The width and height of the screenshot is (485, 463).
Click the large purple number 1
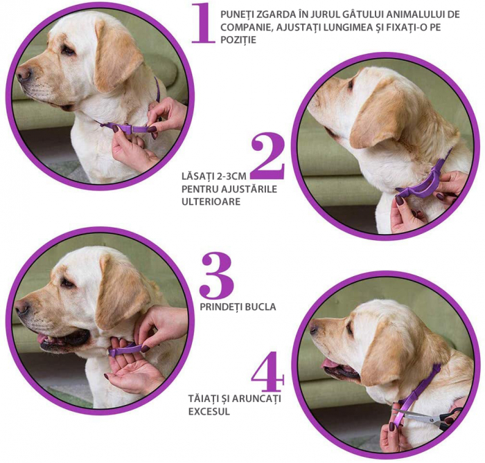tap(203, 23)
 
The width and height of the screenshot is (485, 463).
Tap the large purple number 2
tap(268, 156)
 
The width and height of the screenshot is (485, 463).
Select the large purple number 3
tap(216, 275)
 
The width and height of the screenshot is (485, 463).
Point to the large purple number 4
tap(268, 371)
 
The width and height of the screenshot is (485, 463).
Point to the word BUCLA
tap(260, 307)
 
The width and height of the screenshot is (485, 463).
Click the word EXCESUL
tap(209, 411)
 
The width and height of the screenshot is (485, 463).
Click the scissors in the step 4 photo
tap(428, 417)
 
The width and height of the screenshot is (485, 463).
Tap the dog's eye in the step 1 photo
tap(68, 50)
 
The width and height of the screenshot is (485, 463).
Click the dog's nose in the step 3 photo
tap(22, 307)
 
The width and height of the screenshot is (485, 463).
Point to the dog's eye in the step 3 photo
tap(67, 282)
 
